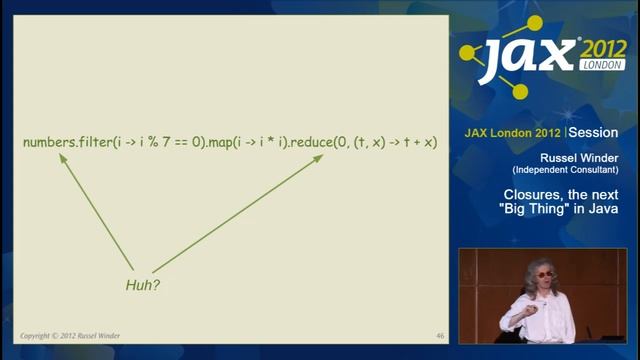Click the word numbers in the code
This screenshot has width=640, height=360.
coord(48,143)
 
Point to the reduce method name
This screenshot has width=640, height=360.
coord(314,143)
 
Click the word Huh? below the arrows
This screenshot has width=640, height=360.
coord(143,285)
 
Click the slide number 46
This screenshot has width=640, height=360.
coord(441,335)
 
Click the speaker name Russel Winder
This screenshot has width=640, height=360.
coord(574,157)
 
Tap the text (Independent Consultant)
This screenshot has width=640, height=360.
coord(574,169)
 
